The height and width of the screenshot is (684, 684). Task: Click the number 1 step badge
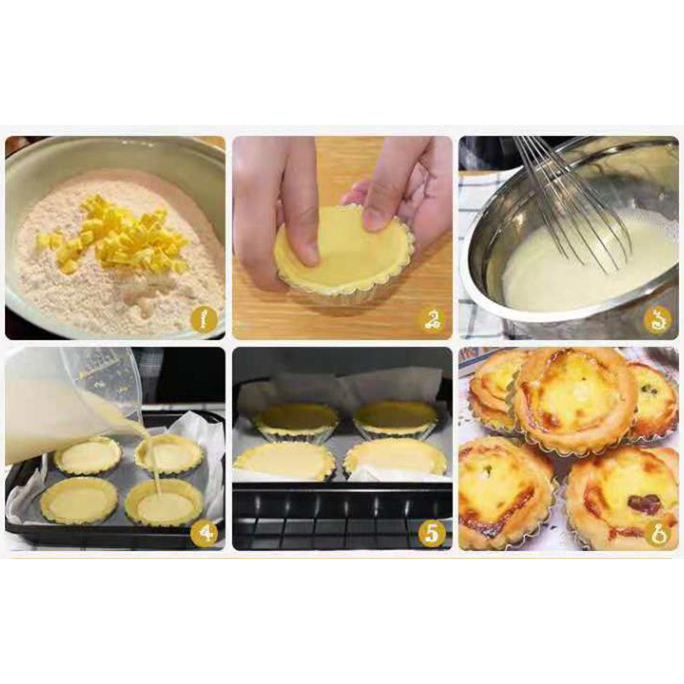pos(203,320)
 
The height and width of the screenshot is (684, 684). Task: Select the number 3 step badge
pos(657,321)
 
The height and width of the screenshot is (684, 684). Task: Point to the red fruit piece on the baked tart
pos(644,503)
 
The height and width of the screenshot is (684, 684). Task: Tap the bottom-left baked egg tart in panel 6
pos(506,493)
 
